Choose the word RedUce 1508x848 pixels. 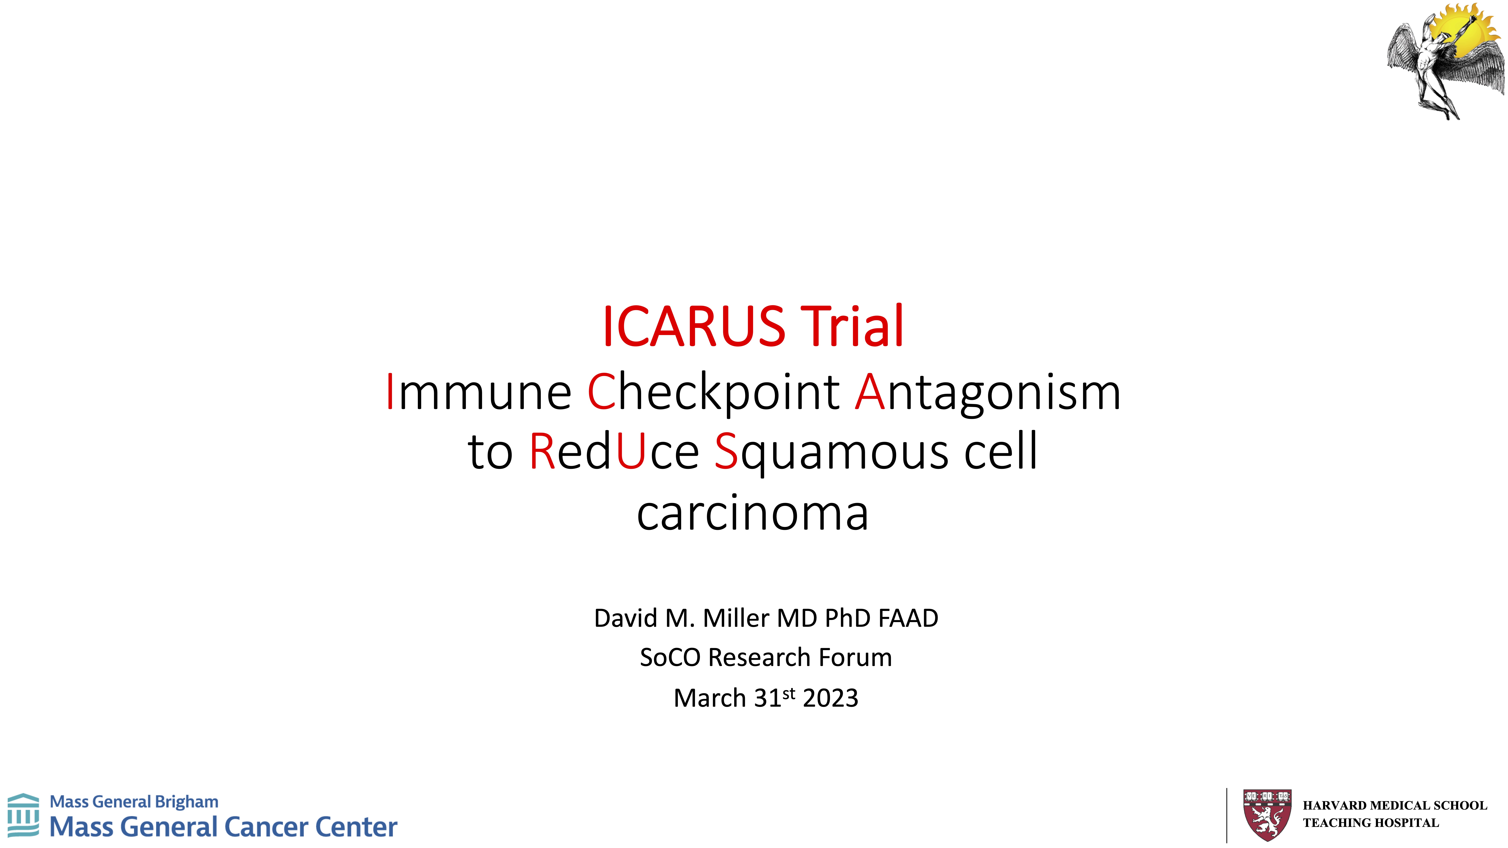click(x=614, y=451)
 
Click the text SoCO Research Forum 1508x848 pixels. click(x=766, y=657)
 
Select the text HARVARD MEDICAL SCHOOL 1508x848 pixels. click(x=1394, y=805)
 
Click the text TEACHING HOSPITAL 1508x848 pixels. click(x=1370, y=823)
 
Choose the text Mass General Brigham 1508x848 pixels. click(x=134, y=802)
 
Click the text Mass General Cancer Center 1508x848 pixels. click(x=223, y=827)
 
